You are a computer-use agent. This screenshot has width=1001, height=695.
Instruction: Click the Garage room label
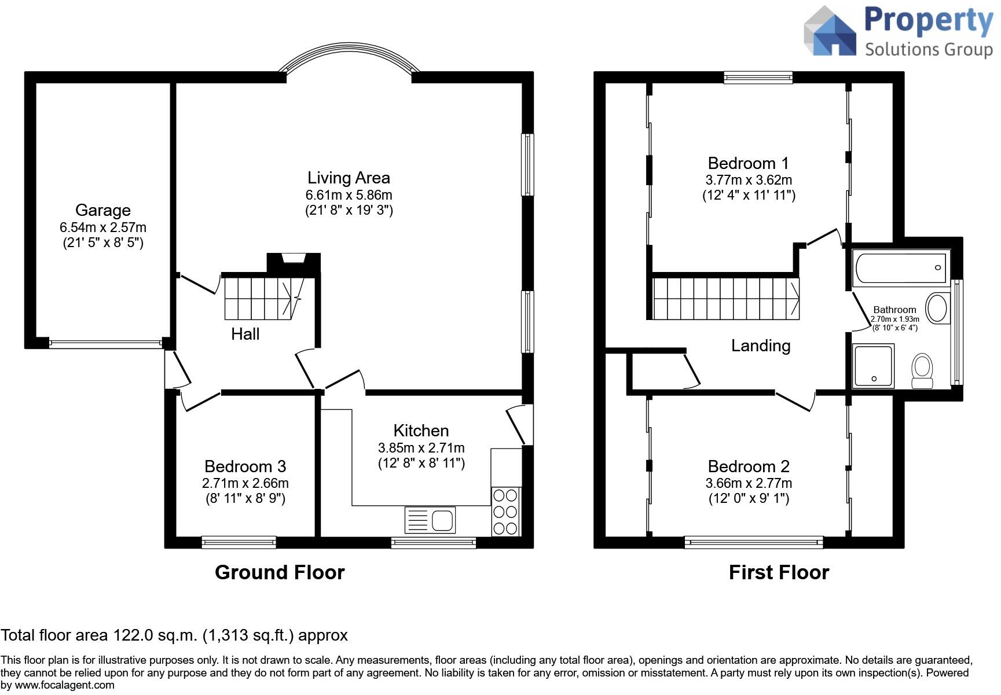click(x=103, y=210)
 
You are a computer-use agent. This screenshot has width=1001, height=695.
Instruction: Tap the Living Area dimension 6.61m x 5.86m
click(x=349, y=195)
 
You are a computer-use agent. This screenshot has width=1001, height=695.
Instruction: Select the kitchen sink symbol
click(x=430, y=519)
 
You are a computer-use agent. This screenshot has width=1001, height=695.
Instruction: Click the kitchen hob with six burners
click(x=505, y=512)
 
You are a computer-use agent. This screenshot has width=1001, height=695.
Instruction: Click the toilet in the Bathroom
click(x=922, y=371)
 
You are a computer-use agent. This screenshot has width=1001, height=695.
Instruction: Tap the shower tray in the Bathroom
click(x=874, y=366)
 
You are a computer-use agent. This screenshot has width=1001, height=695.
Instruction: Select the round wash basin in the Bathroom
click(x=937, y=308)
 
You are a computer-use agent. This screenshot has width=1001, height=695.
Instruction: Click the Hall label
click(x=245, y=334)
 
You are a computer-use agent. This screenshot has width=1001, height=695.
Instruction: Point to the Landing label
click(x=761, y=345)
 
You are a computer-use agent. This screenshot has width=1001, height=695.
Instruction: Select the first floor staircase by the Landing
click(x=725, y=299)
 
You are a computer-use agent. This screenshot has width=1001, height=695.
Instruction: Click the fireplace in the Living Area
click(x=294, y=259)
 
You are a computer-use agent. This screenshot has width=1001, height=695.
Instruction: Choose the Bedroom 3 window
click(x=239, y=542)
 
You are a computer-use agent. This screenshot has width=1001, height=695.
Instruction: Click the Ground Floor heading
click(x=280, y=572)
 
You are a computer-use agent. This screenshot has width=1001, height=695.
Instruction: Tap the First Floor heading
click(x=779, y=572)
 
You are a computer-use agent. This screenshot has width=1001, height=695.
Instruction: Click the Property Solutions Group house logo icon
click(x=830, y=32)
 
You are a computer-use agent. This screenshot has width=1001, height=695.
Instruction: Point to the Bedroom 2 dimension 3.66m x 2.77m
click(x=749, y=483)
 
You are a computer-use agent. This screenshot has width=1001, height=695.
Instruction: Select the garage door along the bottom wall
click(x=105, y=343)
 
